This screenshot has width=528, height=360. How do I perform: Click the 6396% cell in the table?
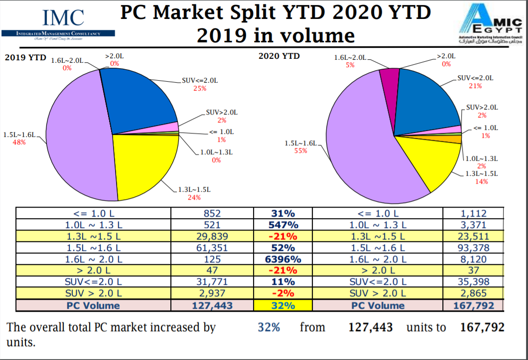point(283,259)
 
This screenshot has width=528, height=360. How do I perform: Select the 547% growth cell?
point(283,225)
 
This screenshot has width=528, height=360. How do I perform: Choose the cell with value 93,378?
point(473,248)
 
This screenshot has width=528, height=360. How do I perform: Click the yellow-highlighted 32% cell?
point(283,305)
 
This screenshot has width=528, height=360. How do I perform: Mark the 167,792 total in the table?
point(473,305)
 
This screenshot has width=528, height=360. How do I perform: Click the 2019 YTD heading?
point(25,57)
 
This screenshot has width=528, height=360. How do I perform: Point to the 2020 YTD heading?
point(279,56)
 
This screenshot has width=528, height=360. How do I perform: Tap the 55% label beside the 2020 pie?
point(301,151)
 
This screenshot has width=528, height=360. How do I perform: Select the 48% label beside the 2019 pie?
point(19,142)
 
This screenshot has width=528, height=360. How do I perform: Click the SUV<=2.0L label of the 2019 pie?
point(200,80)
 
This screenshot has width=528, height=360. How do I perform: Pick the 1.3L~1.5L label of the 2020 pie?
point(481,174)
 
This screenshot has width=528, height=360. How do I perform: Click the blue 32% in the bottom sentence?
point(268,328)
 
